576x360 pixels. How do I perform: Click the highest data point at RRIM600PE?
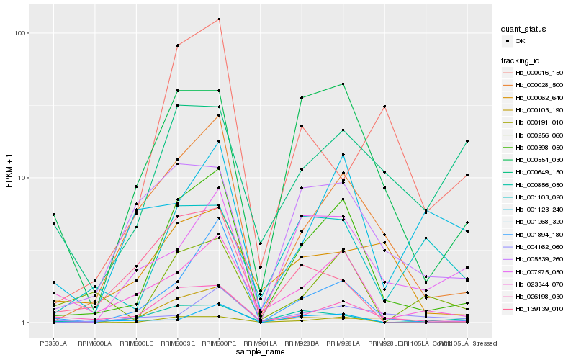[219, 19]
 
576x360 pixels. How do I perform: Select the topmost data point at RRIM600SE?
[177, 45]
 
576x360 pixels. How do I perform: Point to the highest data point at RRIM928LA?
[343, 84]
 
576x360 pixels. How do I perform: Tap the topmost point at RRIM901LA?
[260, 244]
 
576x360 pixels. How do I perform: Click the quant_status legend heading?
[524, 30]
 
